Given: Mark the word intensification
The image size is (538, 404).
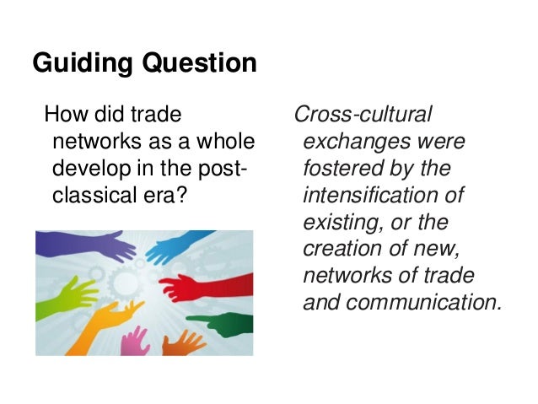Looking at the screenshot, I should [x=383, y=196].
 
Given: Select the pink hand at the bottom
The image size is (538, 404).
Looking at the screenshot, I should [x=134, y=341].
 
